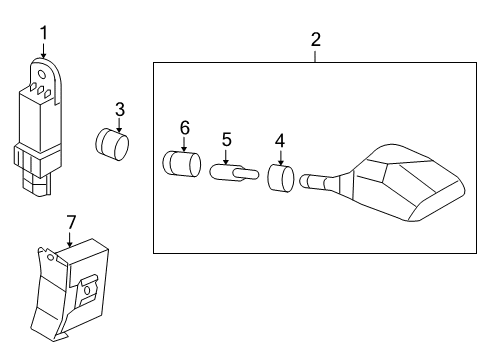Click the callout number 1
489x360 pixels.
[x=43, y=34]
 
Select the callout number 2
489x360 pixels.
[x=316, y=40]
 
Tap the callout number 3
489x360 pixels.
[x=119, y=108]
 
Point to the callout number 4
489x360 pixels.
[x=280, y=141]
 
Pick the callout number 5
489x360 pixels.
[x=226, y=139]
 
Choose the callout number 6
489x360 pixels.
[x=184, y=127]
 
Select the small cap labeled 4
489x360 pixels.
[x=280, y=180]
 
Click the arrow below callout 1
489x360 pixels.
[x=43, y=51]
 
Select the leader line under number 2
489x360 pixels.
[x=316, y=56]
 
